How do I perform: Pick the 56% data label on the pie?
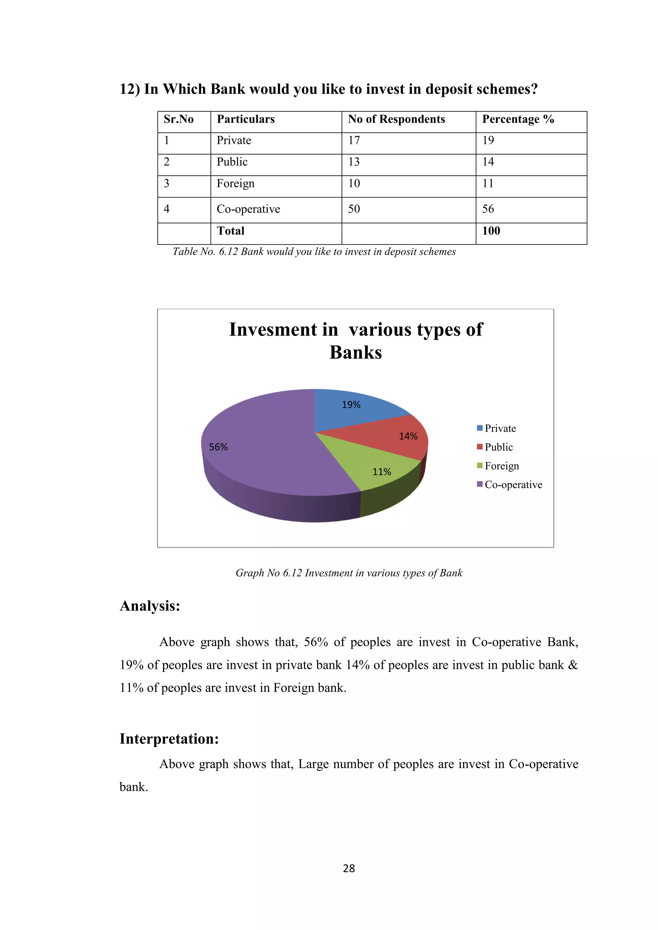pyautogui.click(x=218, y=447)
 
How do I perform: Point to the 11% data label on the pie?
pyautogui.click(x=382, y=472)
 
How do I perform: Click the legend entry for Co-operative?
pyautogui.click(x=513, y=485)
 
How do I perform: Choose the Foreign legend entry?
pyautogui.click(x=502, y=466)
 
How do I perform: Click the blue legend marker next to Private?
pyautogui.click(x=480, y=428)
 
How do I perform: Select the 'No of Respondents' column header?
pyautogui.click(x=396, y=119)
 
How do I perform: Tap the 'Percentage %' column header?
pyautogui.click(x=518, y=119)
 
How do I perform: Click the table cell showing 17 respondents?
pyautogui.click(x=354, y=141)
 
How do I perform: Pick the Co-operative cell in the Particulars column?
pyautogui.click(x=248, y=209)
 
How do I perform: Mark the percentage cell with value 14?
pyautogui.click(x=488, y=162)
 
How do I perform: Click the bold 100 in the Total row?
pyautogui.click(x=491, y=231)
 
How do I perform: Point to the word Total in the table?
pyautogui.click(x=231, y=231)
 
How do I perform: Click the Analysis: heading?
pyautogui.click(x=150, y=606)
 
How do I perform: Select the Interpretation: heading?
pyautogui.click(x=169, y=739)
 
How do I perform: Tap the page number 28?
pyautogui.click(x=349, y=868)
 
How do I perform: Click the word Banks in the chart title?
pyautogui.click(x=355, y=352)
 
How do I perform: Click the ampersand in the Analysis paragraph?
pyautogui.click(x=573, y=665)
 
